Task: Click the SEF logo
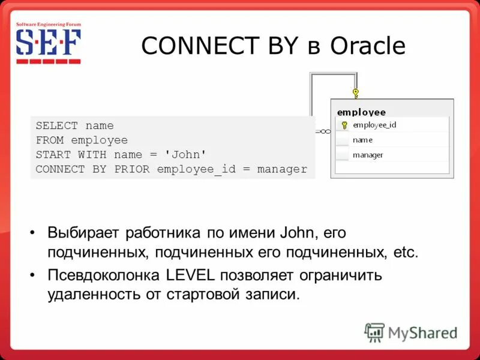[x=48, y=45]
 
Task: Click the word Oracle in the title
[x=367, y=46]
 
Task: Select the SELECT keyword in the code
[x=57, y=126]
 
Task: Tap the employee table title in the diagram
[x=361, y=112]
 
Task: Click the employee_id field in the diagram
[x=374, y=125]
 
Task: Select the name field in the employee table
[x=362, y=140]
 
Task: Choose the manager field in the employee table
[x=368, y=155]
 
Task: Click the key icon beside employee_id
[x=344, y=125]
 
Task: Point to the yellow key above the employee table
[x=356, y=94]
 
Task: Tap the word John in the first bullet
[x=299, y=232]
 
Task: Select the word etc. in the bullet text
[x=403, y=252]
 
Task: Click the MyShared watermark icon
[x=374, y=332]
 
